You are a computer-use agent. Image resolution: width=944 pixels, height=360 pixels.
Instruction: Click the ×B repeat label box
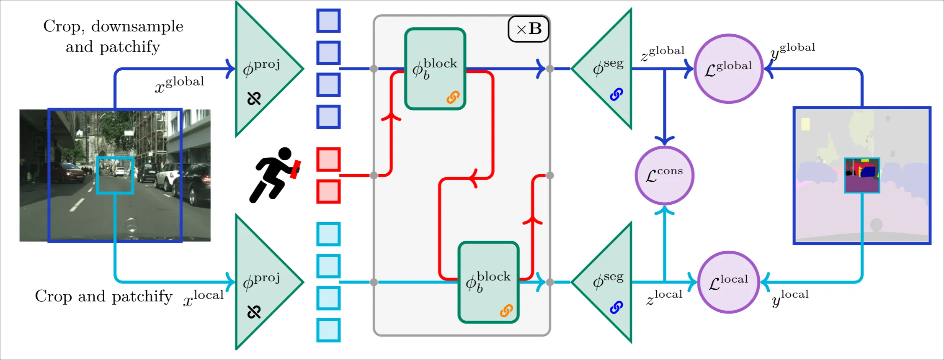coord(529,29)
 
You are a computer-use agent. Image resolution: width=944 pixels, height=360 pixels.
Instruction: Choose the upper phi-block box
coord(435,69)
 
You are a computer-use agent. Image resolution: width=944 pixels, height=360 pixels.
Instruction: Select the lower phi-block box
coord(489,282)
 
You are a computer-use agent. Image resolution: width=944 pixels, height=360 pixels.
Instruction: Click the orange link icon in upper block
coord(453,97)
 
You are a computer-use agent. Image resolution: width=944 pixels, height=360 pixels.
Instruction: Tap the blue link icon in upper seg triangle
coord(616,94)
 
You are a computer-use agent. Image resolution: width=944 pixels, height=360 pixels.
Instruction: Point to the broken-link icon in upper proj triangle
coord(254,98)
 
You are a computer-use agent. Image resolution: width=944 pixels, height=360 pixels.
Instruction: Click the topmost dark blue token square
coord(328,21)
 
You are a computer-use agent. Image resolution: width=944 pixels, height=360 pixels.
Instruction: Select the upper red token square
coord(328,159)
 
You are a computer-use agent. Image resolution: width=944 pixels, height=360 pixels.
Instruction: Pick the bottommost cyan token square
coord(328,330)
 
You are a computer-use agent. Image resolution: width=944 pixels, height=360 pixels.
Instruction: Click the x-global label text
coord(180,84)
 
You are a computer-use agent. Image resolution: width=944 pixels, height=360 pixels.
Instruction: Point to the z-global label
coord(663,53)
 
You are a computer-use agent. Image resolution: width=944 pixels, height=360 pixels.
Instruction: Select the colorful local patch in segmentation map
coord(862,175)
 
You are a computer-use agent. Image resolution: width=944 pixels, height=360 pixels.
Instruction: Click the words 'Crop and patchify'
coord(104,296)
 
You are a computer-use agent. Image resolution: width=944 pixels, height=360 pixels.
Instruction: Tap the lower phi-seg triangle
coord(602,282)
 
